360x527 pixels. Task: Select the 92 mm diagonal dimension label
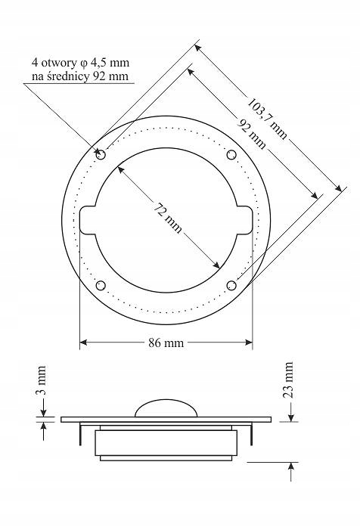click(253, 132)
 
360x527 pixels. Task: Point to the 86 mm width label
click(165, 343)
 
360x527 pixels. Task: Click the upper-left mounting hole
click(100, 155)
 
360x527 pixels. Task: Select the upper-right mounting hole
click(231, 155)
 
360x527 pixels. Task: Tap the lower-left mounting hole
click(100, 285)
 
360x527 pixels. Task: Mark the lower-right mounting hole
click(231, 285)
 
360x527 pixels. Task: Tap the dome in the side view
click(167, 408)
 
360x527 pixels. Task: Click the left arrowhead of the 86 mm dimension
click(84, 343)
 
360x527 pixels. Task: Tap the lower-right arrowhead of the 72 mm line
click(217, 265)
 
